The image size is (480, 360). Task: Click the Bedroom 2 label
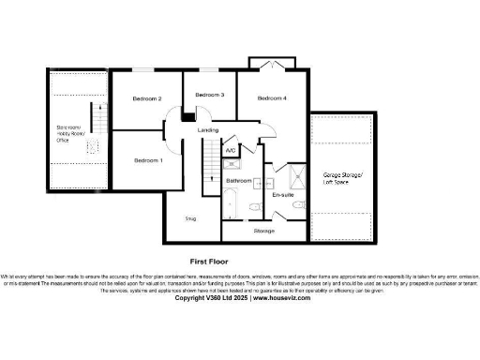tap(147, 98)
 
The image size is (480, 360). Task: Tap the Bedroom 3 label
tap(210, 96)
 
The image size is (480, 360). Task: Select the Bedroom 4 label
tap(272, 98)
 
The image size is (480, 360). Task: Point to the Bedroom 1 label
tap(148, 160)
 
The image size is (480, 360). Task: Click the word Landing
tap(209, 129)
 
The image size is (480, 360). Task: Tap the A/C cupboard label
tap(231, 149)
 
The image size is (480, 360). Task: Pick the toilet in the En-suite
tap(297, 204)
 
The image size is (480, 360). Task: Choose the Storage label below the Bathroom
tap(263, 230)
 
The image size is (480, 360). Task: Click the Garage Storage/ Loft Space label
tap(345, 178)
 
